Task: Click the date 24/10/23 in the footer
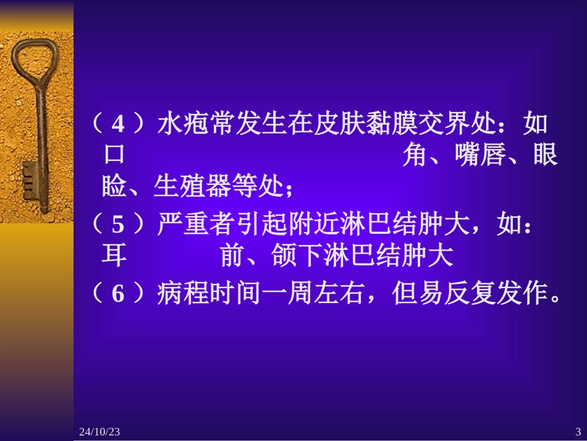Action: click(99, 431)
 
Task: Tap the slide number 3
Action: click(578, 431)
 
